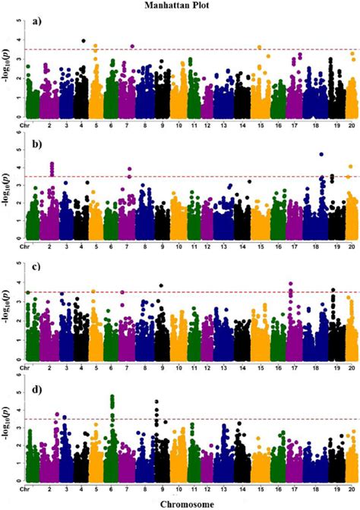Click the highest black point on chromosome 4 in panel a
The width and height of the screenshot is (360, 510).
tap(84, 41)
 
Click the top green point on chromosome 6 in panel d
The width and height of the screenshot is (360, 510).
tap(112, 396)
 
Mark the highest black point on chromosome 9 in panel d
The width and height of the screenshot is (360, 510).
tap(156, 401)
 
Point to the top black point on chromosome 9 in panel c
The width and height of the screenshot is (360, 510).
tap(161, 286)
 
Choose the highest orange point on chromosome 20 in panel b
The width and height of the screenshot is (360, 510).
tap(350, 166)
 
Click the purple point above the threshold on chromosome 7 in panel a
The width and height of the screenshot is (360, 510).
tap(132, 46)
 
